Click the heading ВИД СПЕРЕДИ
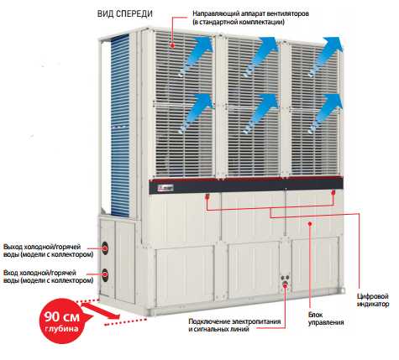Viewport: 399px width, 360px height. coord(125,13)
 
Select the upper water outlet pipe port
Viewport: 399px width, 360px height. coord(106,248)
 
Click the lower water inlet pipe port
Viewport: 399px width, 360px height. coord(105,275)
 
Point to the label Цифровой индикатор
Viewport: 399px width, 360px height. coord(373,300)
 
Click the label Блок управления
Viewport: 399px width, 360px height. coord(326,318)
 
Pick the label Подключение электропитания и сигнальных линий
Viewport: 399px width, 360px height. coord(234,325)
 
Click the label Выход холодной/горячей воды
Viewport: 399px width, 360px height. coord(48,251)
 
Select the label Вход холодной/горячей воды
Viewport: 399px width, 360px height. coord(48,276)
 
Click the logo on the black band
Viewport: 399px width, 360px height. coord(162,188)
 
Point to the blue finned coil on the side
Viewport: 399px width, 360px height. coord(120,126)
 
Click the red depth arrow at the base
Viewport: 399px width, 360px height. coord(100,311)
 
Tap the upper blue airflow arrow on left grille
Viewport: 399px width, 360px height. coord(195,57)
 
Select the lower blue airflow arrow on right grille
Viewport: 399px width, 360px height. coord(325,113)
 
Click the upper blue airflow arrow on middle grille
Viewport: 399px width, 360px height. coord(261,57)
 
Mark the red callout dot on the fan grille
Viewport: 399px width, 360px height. coord(173,44)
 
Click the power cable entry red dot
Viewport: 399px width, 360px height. coord(285,285)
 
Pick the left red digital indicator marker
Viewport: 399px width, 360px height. coord(207,196)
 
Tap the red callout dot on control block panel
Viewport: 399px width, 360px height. coord(310,223)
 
